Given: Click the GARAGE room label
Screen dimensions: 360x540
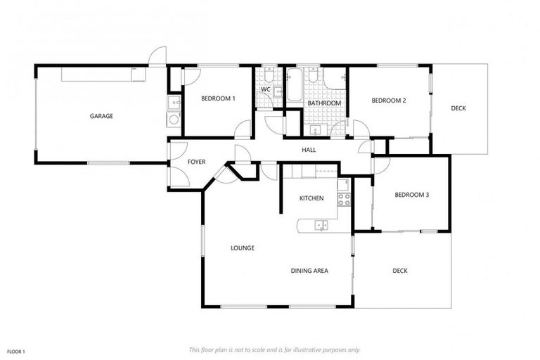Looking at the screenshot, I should click(101, 116).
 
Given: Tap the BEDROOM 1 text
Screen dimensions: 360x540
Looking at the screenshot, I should click(218, 99).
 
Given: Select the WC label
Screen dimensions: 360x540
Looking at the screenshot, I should click(266, 90).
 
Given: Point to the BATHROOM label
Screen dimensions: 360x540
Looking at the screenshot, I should click(324, 103).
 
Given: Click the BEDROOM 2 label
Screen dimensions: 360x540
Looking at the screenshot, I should click(389, 101).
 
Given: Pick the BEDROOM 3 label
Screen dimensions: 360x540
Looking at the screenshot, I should click(411, 195).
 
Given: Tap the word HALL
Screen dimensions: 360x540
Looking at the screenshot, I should click(309, 150).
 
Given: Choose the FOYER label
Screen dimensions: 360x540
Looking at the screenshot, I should click(196, 162).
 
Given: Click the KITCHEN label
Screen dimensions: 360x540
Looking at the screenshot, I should click(311, 198).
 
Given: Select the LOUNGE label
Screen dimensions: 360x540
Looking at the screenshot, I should click(243, 248).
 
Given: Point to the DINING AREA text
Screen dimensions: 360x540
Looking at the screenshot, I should click(310, 271).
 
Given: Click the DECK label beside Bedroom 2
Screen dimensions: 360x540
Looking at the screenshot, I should click(458, 108).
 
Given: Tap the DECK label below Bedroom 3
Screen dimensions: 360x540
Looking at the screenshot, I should click(400, 271).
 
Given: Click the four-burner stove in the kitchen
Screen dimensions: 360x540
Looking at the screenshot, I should click(344, 199).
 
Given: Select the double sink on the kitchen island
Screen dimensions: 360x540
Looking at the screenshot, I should click(321, 226).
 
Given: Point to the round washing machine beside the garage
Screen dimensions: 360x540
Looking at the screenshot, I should click(174, 120).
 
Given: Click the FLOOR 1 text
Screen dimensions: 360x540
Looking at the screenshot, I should click(16, 351).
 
